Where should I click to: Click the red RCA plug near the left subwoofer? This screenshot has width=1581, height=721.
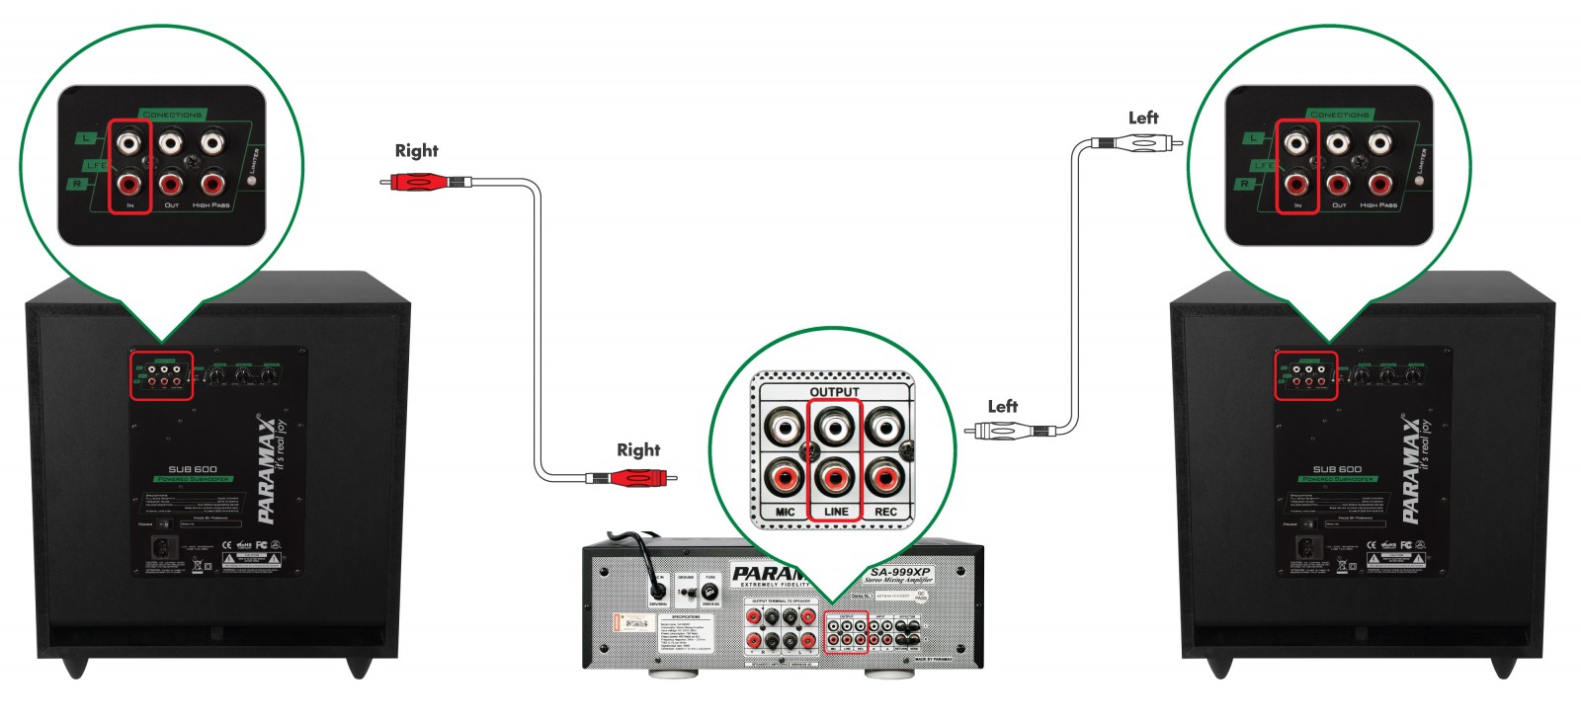pyautogui.click(x=420, y=182)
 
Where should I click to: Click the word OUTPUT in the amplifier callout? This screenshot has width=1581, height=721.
pyautogui.click(x=835, y=391)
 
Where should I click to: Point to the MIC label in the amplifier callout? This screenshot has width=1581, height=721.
pyautogui.click(x=786, y=512)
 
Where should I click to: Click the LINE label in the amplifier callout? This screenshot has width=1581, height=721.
pyautogui.click(x=836, y=512)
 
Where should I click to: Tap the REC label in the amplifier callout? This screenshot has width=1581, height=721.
pyautogui.click(x=885, y=512)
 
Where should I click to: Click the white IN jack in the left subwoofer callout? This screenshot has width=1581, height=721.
pyautogui.click(x=128, y=144)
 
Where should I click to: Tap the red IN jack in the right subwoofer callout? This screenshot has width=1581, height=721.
pyautogui.click(x=1296, y=184)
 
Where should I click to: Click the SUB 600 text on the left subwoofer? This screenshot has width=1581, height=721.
pyautogui.click(x=192, y=469)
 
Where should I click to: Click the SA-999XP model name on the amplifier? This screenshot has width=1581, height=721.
pyautogui.click(x=899, y=572)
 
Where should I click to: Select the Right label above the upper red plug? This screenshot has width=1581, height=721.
pyautogui.click(x=416, y=150)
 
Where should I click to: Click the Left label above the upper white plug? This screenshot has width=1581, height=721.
pyautogui.click(x=1143, y=118)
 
